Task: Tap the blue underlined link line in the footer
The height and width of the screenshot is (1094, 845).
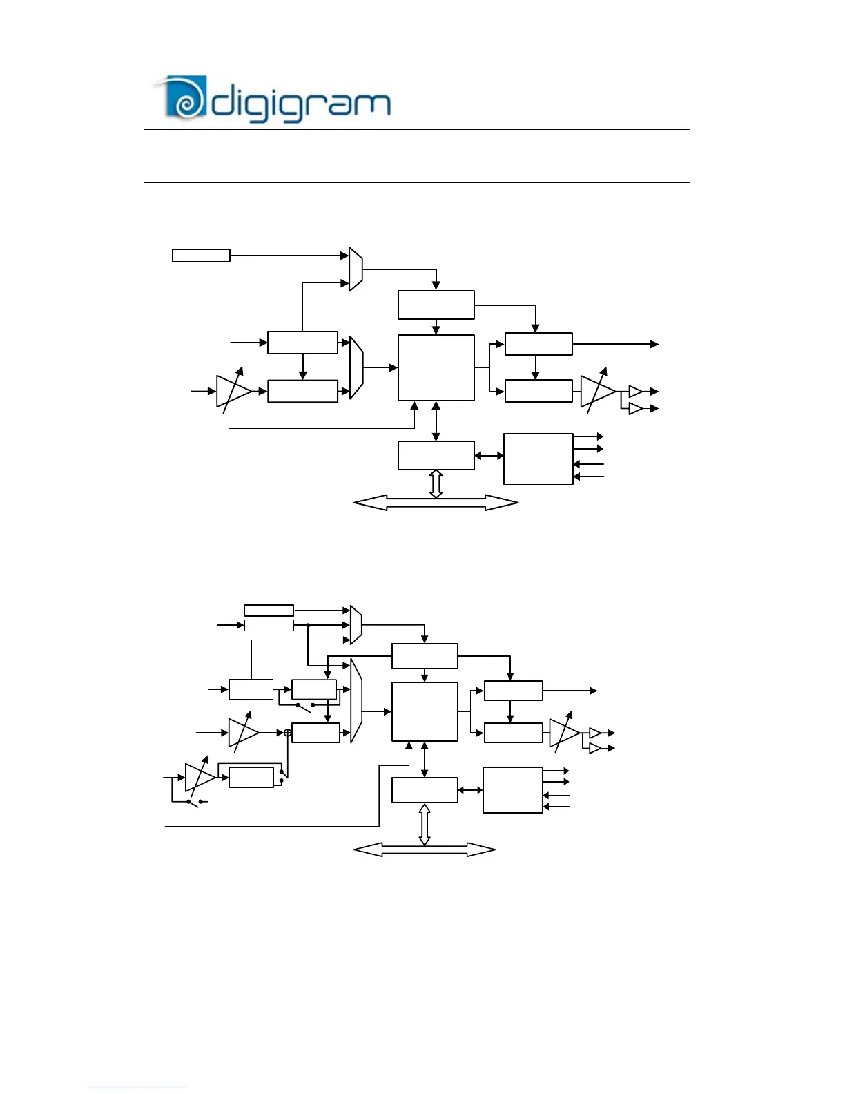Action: pyautogui.click(x=137, y=1088)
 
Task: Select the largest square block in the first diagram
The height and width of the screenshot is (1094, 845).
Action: pyautogui.click(x=436, y=367)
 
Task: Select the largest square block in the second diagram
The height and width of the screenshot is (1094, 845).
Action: pyautogui.click(x=424, y=711)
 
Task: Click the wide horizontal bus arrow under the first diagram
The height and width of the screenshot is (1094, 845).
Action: pyautogui.click(x=436, y=503)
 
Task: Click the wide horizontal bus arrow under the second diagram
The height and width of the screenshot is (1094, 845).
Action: pyautogui.click(x=424, y=850)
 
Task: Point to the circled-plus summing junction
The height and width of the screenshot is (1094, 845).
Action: pyautogui.click(x=288, y=732)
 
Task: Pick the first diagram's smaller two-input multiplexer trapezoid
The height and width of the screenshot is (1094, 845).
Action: pyautogui.click(x=356, y=269)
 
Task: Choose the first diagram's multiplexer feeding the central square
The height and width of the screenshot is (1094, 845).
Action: pyautogui.click(x=356, y=367)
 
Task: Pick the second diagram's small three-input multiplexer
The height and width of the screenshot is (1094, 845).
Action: pyautogui.click(x=356, y=625)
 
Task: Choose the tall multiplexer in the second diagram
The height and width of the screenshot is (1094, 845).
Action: pyautogui.click(x=356, y=700)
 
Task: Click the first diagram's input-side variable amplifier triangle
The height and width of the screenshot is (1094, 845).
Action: pyautogui.click(x=233, y=391)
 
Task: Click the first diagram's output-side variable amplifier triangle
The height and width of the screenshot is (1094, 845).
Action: pyautogui.click(x=596, y=391)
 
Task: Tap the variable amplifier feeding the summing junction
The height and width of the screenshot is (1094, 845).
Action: pyautogui.click(x=242, y=732)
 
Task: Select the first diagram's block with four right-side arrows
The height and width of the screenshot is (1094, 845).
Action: pyautogui.click(x=538, y=459)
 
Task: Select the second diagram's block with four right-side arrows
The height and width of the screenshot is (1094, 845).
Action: pyautogui.click(x=512, y=789)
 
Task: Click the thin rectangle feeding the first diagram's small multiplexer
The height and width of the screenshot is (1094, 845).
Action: pyautogui.click(x=201, y=256)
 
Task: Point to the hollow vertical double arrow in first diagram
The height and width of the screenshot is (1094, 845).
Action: pyautogui.click(x=436, y=483)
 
